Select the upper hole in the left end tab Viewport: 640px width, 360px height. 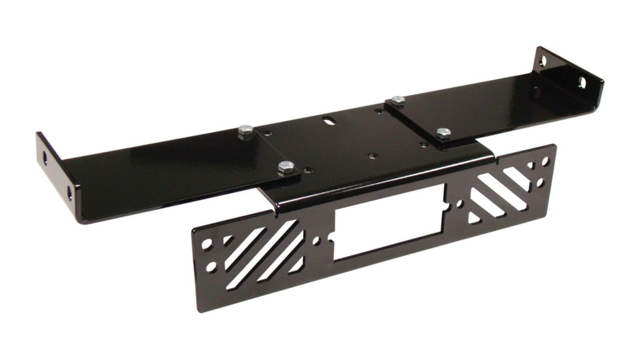(x=45, y=159)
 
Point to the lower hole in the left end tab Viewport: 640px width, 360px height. (x=69, y=193)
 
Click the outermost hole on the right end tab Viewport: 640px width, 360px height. (x=581, y=82)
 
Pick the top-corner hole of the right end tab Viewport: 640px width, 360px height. (x=542, y=62)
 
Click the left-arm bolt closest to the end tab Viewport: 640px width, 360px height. (x=245, y=131)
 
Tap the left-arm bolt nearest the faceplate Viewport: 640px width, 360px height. (x=285, y=168)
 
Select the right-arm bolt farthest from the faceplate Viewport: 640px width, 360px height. (x=397, y=101)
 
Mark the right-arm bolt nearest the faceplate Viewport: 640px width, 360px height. (x=443, y=134)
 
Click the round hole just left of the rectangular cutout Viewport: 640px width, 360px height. (x=317, y=241)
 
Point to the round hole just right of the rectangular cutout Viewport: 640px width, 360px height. (x=459, y=204)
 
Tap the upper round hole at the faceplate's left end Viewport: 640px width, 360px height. (x=207, y=245)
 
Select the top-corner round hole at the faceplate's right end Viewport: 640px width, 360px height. (x=544, y=161)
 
